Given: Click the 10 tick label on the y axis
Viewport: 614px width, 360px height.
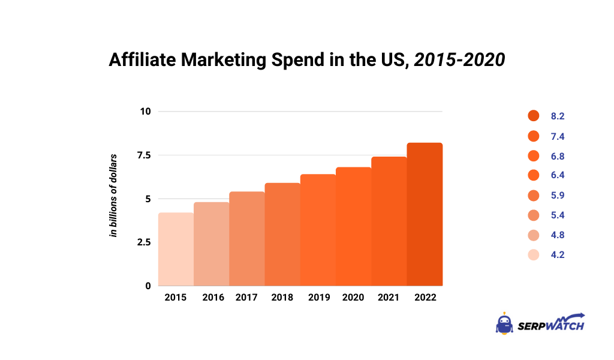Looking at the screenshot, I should pyautogui.click(x=146, y=112).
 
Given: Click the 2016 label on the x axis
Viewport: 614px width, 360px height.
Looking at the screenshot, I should pyautogui.click(x=212, y=298).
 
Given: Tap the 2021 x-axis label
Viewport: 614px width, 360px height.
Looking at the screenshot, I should pyautogui.click(x=389, y=298).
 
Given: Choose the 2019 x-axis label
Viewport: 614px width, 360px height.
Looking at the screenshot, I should pyautogui.click(x=318, y=298).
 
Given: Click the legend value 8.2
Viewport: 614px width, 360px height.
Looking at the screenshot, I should pyautogui.click(x=558, y=116).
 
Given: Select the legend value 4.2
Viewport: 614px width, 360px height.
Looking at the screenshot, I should pyautogui.click(x=558, y=254).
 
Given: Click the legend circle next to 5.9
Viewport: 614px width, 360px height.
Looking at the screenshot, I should pyautogui.click(x=534, y=196).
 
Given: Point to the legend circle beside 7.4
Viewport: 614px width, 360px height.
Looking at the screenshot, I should pyautogui.click(x=534, y=136).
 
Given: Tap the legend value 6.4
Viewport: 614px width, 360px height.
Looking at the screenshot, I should pyautogui.click(x=558, y=175).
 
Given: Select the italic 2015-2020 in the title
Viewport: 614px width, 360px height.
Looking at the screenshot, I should pyautogui.click(x=458, y=61).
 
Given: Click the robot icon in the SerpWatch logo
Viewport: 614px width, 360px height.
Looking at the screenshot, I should pyautogui.click(x=504, y=323).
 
